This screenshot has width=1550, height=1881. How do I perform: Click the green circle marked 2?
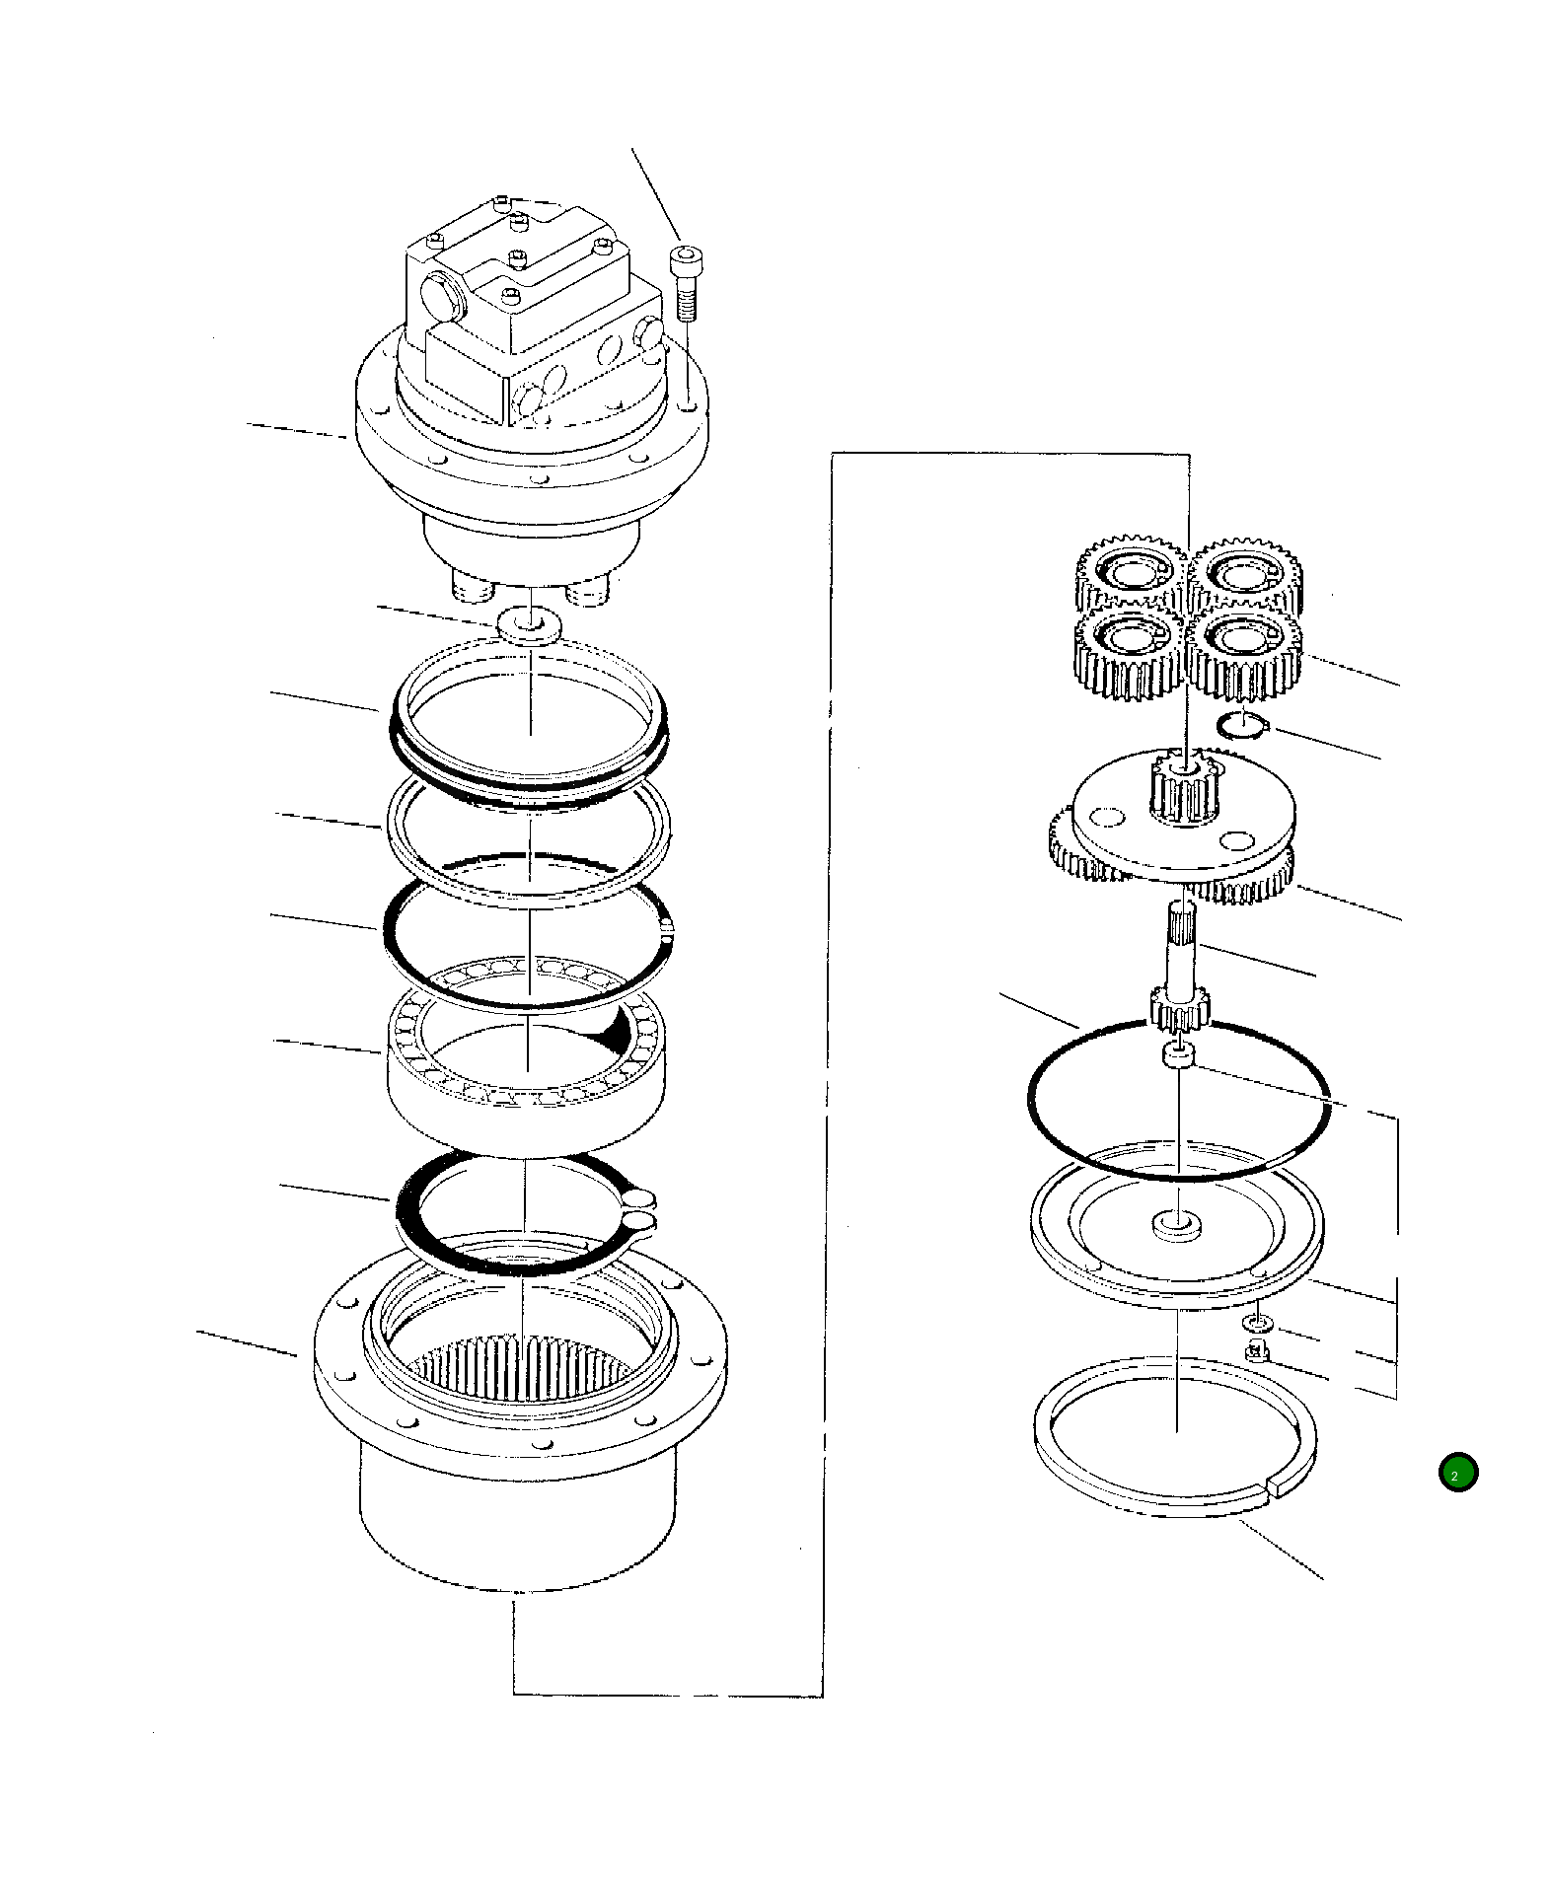click(1457, 1473)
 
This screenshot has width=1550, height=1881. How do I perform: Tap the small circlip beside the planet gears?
click(1240, 727)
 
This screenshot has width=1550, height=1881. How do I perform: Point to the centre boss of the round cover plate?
click(1177, 1225)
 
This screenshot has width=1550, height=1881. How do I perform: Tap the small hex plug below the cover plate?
click(1257, 1351)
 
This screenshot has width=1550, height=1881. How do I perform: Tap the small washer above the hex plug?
click(1254, 1321)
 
